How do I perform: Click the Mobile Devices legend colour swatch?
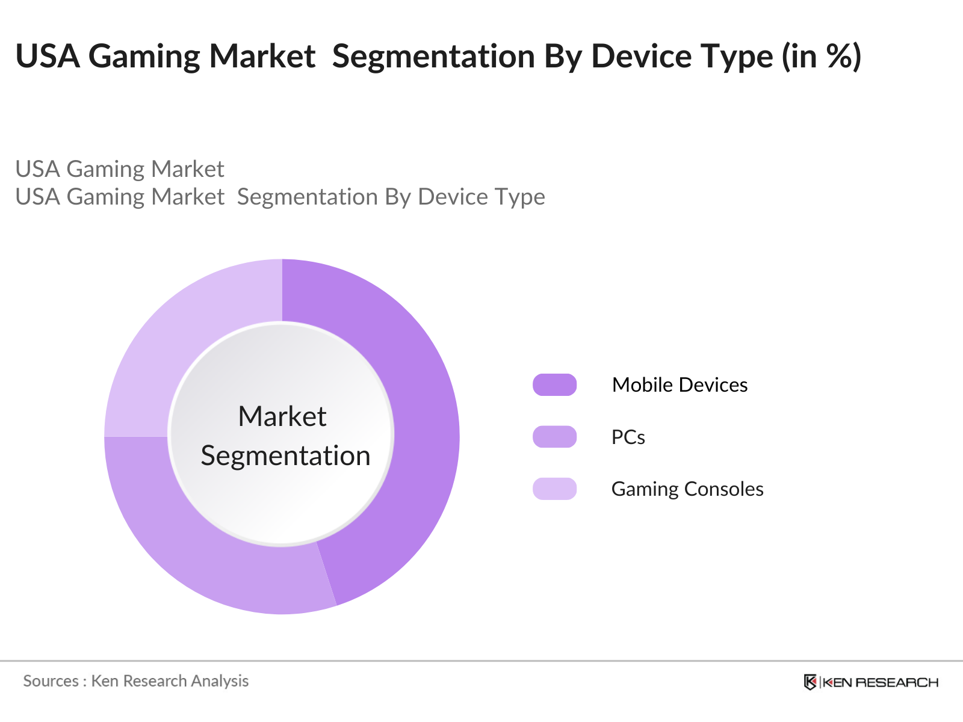pos(554,385)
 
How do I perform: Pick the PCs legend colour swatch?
pos(554,437)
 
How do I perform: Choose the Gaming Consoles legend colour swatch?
pos(554,489)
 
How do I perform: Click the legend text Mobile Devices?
pos(680,385)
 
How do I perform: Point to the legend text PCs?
pos(628,437)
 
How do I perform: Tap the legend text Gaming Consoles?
pos(687,489)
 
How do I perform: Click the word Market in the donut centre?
pos(282,416)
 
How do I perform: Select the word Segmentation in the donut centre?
pos(285,455)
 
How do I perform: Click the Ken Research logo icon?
pos(810,682)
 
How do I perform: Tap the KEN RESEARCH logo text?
pos(881,682)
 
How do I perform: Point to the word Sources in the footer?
pos(51,681)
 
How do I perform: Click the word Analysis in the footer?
pos(220,681)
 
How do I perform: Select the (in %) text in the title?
pos(822,57)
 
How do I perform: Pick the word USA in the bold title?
pos(48,57)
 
